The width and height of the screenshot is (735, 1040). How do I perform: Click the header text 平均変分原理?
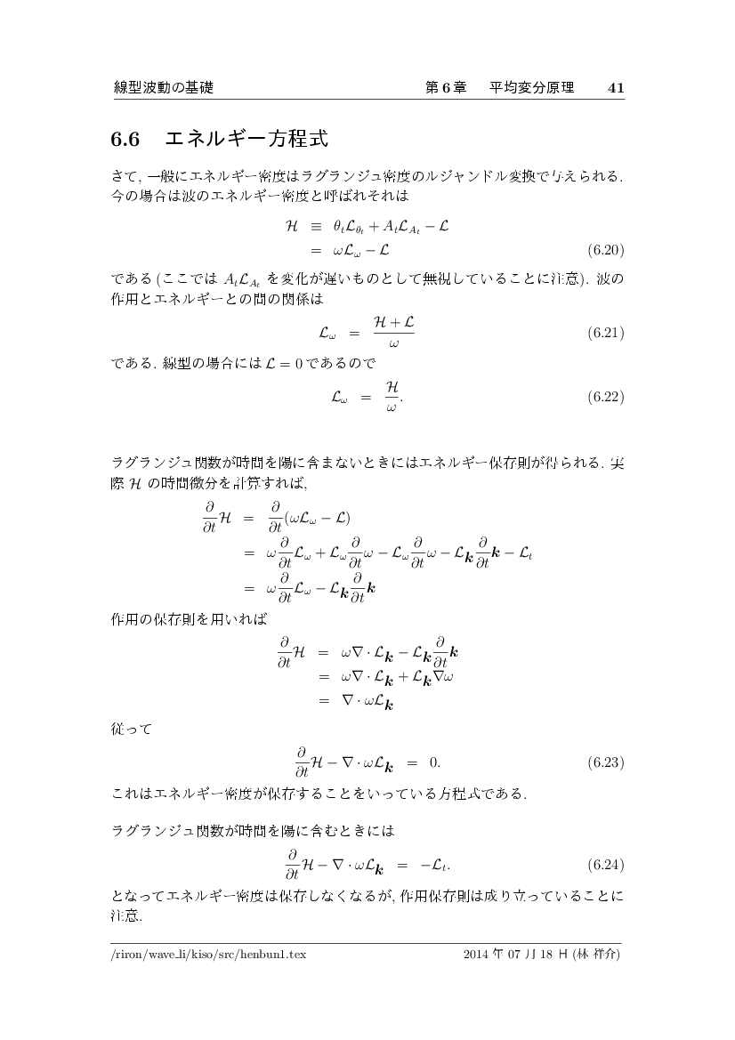click(531, 88)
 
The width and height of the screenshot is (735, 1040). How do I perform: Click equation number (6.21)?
click(606, 334)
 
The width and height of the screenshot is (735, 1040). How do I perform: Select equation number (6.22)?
click(606, 397)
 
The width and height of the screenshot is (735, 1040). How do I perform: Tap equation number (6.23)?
click(606, 762)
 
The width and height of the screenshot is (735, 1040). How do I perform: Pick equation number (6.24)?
click(606, 864)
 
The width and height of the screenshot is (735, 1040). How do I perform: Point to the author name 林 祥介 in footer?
click(595, 954)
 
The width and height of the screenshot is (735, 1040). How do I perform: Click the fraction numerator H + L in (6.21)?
click(393, 325)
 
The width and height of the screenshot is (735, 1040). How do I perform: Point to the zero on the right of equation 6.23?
click(434, 762)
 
